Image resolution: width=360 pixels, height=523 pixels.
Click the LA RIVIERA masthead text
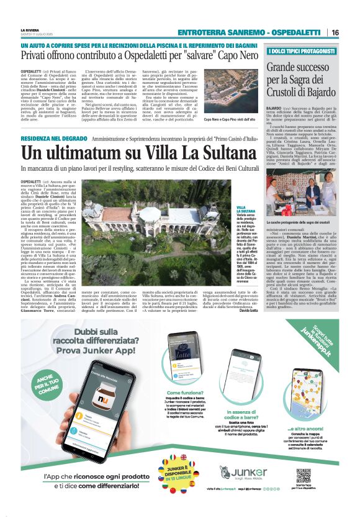pos(29,30)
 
